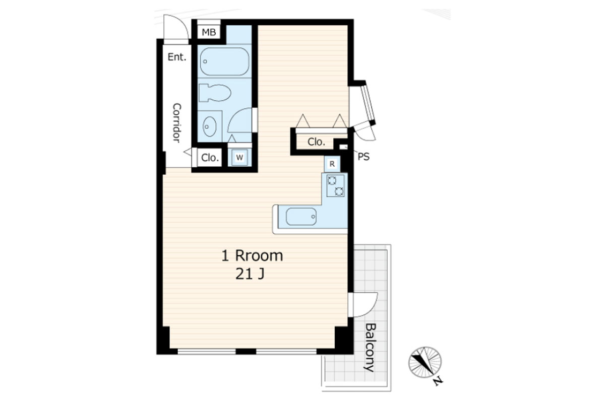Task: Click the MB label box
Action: (209, 32)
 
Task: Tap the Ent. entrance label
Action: (177, 57)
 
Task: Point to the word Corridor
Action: (176, 123)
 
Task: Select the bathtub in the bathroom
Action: (224, 61)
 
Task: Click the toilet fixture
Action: (215, 93)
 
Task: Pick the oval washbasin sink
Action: (210, 126)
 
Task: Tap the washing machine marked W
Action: (239, 157)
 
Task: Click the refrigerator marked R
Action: (332, 164)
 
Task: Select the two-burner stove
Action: (335, 185)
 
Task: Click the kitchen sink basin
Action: (301, 217)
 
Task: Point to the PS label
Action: (364, 157)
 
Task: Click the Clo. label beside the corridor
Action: (210, 158)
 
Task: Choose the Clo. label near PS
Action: (316, 142)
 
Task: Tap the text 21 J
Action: (250, 275)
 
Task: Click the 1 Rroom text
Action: (252, 255)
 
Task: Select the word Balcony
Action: (370, 348)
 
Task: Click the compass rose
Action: (425, 362)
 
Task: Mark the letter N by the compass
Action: (438, 381)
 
